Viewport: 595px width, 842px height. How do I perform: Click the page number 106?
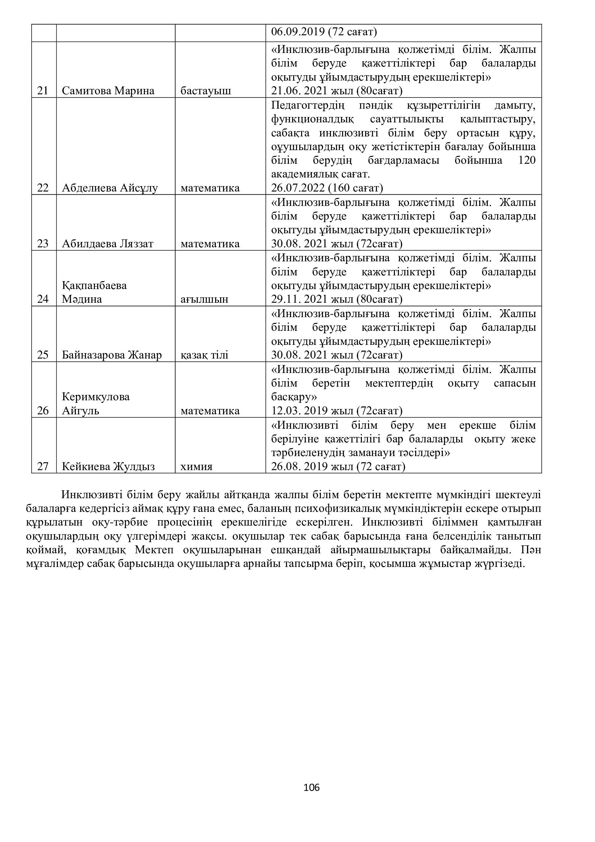pos(312,787)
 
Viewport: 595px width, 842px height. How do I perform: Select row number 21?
pos(43,91)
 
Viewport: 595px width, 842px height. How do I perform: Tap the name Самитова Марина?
pos(108,91)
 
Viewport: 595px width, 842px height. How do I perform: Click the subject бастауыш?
pos(206,91)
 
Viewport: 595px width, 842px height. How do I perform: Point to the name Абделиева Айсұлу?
pos(110,188)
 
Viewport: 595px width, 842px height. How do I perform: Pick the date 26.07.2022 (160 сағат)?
pos(327,188)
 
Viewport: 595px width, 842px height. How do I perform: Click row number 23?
pos(43,244)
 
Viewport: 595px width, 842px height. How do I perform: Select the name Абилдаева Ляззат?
pos(108,244)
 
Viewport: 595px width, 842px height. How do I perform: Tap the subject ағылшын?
pos(204,299)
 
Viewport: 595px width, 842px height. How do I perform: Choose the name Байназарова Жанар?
pos(112,355)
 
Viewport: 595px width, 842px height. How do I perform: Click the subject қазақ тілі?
pos(204,355)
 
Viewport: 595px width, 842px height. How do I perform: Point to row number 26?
pos(43,411)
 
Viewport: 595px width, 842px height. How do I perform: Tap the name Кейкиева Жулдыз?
pos(108,467)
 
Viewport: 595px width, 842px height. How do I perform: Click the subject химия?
pos(196,467)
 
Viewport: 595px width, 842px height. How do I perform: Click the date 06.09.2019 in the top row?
pos(298,32)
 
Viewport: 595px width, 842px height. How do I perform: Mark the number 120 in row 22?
pos(527,160)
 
